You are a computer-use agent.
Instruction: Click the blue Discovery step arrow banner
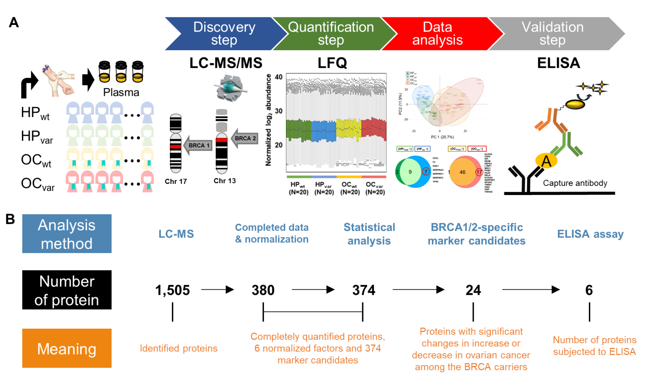pyautogui.click(x=224, y=34)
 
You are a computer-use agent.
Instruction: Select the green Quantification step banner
pyautogui.click(x=331, y=34)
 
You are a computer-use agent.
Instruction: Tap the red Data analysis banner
pyautogui.click(x=437, y=34)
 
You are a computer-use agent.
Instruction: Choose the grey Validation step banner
pyautogui.click(x=552, y=34)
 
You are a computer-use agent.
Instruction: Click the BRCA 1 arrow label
pyautogui.click(x=199, y=145)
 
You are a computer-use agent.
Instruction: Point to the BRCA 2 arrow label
pyautogui.click(x=245, y=138)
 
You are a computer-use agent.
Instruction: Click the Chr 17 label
pyautogui.click(x=176, y=181)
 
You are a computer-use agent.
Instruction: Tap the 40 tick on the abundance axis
pyautogui.click(x=278, y=77)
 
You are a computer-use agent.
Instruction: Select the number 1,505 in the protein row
pyautogui.click(x=172, y=290)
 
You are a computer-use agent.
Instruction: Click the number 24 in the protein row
pyautogui.click(x=473, y=290)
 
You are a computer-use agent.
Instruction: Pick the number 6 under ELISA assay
pyautogui.click(x=589, y=290)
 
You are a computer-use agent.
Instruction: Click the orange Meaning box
pyautogui.click(x=67, y=349)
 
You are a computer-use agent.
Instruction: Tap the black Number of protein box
pyautogui.click(x=67, y=290)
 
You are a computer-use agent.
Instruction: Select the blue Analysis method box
pyautogui.click(x=67, y=234)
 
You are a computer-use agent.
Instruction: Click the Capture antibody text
pyautogui.click(x=575, y=183)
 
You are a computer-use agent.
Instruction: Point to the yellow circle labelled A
pyautogui.click(x=546, y=161)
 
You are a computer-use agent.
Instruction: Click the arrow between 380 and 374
pyautogui.click(x=313, y=290)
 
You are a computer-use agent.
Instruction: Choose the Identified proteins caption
pyautogui.click(x=179, y=349)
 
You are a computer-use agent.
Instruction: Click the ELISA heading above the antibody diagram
pyautogui.click(x=558, y=63)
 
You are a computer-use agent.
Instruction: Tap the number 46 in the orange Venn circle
pyautogui.click(x=462, y=172)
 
